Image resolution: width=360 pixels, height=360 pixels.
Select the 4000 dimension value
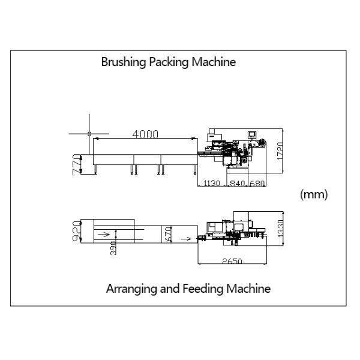pyautogui.click(x=145, y=134)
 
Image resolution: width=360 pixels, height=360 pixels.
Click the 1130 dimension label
pyautogui.click(x=212, y=183)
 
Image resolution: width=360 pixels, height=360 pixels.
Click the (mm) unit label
pyautogui.click(x=313, y=195)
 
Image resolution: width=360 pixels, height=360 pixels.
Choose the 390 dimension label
pyautogui.click(x=113, y=247)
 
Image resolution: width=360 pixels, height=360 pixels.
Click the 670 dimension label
pyautogui.click(x=169, y=234)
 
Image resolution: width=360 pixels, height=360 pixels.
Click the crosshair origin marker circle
pyautogui.click(x=89, y=133)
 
